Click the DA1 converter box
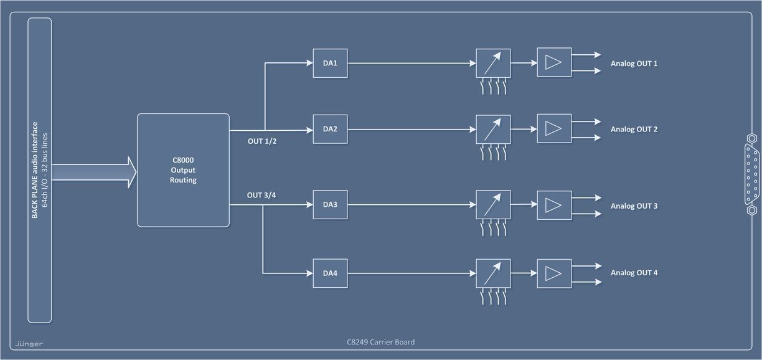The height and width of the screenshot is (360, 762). click(x=330, y=63)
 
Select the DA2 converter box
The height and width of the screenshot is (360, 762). click(x=330, y=129)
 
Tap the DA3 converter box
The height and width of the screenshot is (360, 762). click(x=330, y=205)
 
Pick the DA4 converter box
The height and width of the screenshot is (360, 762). click(x=330, y=273)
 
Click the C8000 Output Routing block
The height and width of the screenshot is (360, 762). click(x=183, y=170)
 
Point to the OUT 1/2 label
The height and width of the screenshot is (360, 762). click(x=262, y=141)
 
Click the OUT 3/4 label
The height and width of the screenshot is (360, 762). click(x=262, y=195)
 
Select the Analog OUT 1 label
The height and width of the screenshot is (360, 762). click(x=634, y=64)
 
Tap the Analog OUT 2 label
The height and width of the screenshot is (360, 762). click(x=634, y=130)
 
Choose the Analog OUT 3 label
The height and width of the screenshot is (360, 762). click(x=634, y=206)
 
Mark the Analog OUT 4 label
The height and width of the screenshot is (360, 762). click(x=634, y=273)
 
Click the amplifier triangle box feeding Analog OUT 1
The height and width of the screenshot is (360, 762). click(x=554, y=62)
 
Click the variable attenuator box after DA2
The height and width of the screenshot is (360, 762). click(x=493, y=130)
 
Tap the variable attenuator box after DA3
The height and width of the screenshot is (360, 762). click(x=493, y=205)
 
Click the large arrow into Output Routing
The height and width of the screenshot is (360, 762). click(x=93, y=171)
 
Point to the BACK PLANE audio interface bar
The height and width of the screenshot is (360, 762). click(x=40, y=170)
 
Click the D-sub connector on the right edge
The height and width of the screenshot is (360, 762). click(x=751, y=174)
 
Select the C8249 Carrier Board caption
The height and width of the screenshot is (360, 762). click(x=380, y=342)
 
